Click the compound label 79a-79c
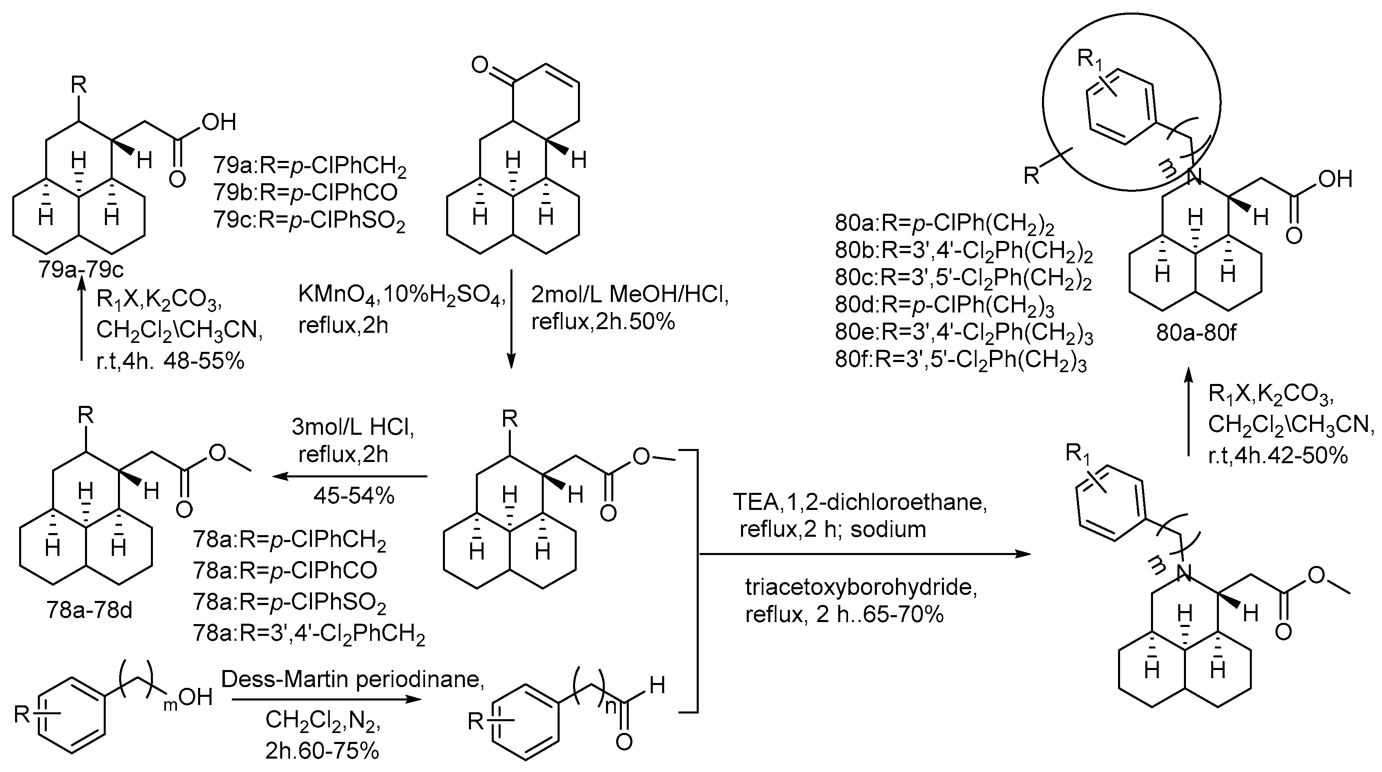point(81,269)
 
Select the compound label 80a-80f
point(1196,334)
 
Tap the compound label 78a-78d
point(89,611)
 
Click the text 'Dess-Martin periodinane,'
point(353,680)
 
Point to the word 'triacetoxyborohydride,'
point(861,588)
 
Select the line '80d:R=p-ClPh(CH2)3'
point(944,305)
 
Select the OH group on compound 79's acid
point(219,122)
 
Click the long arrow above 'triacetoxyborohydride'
point(864,554)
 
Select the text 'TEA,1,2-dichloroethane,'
point(860,503)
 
